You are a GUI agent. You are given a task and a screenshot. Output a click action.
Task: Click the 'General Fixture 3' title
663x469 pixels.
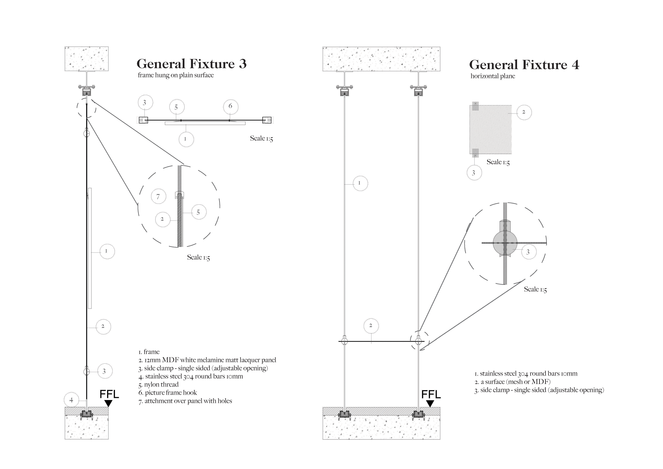click(192, 64)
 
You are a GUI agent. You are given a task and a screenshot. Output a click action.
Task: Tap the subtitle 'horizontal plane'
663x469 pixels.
click(493, 76)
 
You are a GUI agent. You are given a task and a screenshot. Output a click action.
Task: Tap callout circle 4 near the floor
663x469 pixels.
click(71, 400)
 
